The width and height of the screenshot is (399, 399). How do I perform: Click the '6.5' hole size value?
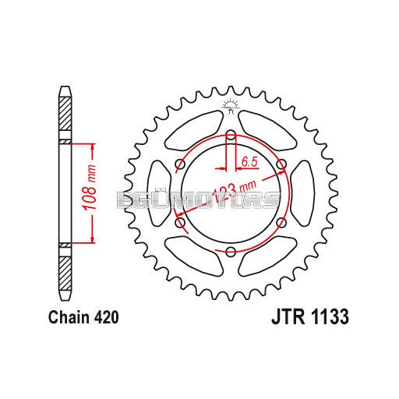point(250,161)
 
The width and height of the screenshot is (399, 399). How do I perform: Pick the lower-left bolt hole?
point(181,222)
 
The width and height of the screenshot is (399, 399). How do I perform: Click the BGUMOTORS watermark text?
point(199,202)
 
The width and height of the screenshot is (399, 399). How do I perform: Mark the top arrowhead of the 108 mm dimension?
point(94,147)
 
